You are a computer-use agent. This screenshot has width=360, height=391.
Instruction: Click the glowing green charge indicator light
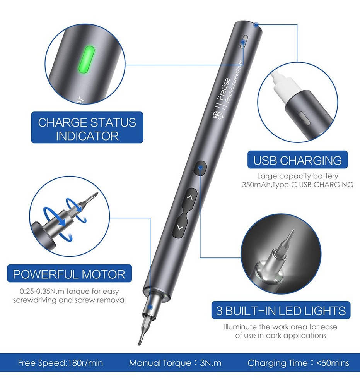tap(86, 60)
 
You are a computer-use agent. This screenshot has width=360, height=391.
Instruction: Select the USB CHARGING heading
tap(297, 160)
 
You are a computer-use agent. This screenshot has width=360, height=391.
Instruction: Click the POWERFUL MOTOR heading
tap(69, 274)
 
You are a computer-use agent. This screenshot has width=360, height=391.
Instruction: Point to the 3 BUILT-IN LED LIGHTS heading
tap(281, 310)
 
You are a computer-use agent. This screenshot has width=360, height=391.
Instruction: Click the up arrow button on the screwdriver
tap(189, 198)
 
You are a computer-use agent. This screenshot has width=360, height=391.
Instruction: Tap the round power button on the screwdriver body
tap(200, 168)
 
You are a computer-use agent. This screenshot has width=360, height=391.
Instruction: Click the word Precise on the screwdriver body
tap(224, 89)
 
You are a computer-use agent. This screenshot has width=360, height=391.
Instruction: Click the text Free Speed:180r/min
tap(60, 363)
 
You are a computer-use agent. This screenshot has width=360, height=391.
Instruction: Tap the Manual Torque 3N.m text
tap(175, 363)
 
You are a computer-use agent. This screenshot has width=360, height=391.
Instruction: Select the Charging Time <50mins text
tap(298, 363)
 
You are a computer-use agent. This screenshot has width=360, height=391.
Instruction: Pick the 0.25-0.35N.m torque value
tap(42, 291)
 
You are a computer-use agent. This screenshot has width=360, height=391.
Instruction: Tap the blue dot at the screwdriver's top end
tap(256, 25)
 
